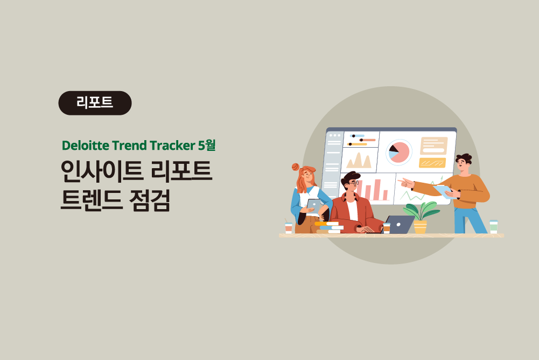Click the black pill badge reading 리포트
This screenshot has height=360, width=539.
click(x=95, y=103)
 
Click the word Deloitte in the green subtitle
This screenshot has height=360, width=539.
click(x=85, y=145)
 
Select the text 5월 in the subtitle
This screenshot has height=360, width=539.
click(x=207, y=145)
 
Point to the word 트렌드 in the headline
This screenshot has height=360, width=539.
click(x=91, y=200)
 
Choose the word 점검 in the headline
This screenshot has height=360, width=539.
click(x=150, y=200)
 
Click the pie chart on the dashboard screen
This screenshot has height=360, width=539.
click(x=399, y=152)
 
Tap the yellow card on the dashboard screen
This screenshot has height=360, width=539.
click(x=432, y=162)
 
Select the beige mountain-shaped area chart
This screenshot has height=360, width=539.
click(x=359, y=161)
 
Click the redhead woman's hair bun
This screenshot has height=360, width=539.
click(x=295, y=167)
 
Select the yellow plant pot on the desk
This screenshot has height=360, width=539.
click(x=420, y=227)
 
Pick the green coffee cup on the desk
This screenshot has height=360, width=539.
click(x=494, y=227)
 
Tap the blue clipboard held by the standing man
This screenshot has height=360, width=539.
click(x=444, y=191)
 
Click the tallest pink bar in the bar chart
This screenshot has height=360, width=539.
click(x=377, y=190)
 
